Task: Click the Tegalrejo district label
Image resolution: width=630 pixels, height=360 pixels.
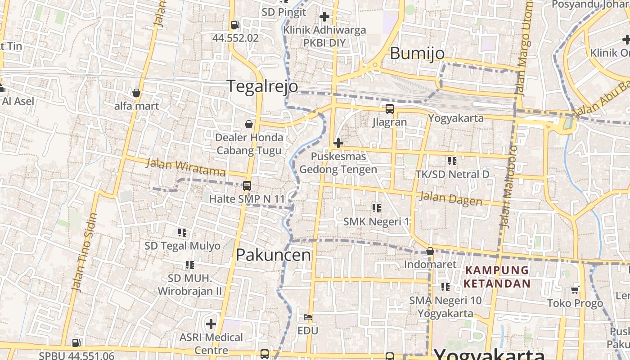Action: pos(262,86)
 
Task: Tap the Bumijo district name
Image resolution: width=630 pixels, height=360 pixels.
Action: pos(417,54)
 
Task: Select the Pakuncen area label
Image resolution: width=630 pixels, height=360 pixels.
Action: pos(273,255)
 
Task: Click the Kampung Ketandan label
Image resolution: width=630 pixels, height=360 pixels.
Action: pos(497,277)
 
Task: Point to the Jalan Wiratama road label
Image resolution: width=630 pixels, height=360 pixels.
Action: pos(185,168)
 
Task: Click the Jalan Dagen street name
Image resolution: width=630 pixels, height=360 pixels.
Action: pos(450,198)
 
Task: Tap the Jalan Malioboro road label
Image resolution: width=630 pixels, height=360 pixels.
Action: pos(507,186)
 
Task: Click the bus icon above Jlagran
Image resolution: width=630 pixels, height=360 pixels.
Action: pos(389,109)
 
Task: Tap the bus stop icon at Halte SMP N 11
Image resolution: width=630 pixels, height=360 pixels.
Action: pos(247,185)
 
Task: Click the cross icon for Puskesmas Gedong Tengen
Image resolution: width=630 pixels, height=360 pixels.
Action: pos(338,144)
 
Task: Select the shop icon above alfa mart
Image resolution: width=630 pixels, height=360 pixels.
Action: pos(136,93)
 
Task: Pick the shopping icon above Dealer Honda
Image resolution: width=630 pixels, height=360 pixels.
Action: pos(249,124)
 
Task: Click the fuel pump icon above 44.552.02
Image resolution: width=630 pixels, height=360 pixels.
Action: pos(235,25)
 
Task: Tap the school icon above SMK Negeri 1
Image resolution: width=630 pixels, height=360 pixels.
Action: pos(376,208)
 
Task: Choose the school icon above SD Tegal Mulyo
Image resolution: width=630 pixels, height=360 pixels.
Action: pos(182,233)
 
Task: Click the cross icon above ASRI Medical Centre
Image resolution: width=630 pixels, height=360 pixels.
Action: pos(211,324)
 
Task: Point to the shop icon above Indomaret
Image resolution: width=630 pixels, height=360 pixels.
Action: pos(430,251)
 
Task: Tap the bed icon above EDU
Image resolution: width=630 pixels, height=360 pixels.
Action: pos(308,318)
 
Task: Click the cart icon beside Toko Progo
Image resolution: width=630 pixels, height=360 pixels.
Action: pos(575,290)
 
